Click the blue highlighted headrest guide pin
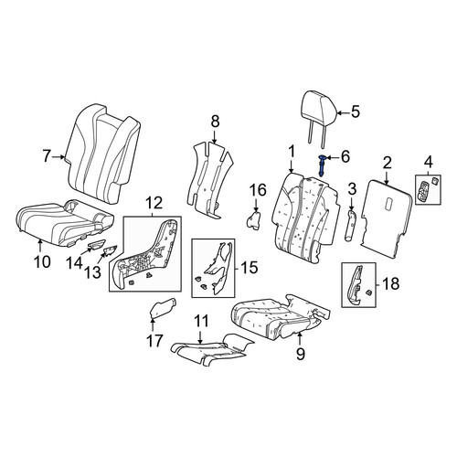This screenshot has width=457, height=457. pos(322,165)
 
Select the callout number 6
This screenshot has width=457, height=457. pos(345,157)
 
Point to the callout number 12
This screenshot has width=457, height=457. pos(154,203)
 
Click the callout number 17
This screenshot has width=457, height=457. pos(154,340)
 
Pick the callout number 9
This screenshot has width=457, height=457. pos(301,354)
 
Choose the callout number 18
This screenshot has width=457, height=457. pos(390,284)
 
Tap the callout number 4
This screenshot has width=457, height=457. pos(428,162)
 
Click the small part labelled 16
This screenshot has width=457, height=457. pos(254,220)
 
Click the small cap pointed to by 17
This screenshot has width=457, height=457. pos(163,308)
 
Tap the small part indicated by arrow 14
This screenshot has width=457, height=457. pos(96,244)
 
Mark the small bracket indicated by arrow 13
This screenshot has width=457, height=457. pos(111,250)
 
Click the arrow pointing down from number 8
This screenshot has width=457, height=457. pos(215,136)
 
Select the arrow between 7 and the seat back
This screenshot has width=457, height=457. pos(58,157)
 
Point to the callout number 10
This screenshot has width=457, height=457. pos(42,261)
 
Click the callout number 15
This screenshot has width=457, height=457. pos(249,268)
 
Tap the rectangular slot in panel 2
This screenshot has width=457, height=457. pos(390,204)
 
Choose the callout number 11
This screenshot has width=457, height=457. pos(201,321)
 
